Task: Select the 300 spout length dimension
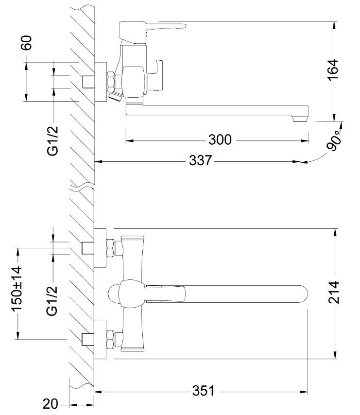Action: pyautogui.click(x=220, y=140)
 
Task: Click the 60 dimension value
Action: pyautogui.click(x=26, y=43)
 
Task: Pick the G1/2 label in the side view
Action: pyautogui.click(x=53, y=140)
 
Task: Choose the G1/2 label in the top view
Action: pyautogui.click(x=53, y=300)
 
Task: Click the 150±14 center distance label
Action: pyautogui.click(x=17, y=290)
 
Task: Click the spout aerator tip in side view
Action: pyautogui.click(x=301, y=117)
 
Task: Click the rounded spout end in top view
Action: pyautogui.click(x=301, y=294)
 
